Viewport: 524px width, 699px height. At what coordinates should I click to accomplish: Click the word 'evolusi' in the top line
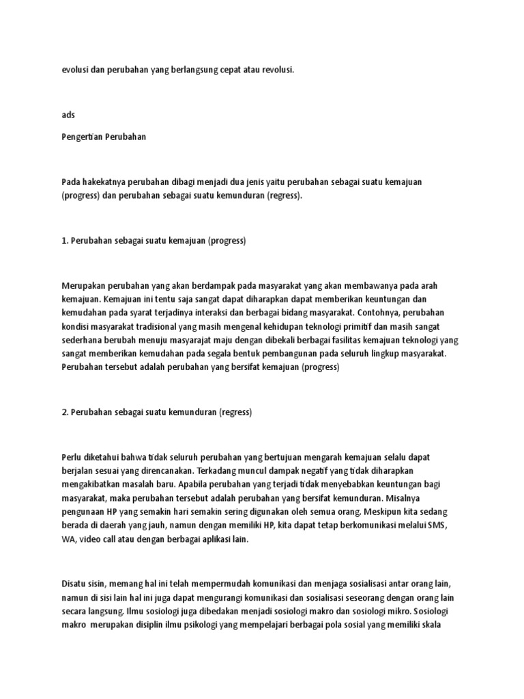pos(74,70)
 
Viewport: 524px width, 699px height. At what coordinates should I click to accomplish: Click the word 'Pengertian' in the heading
pos(82,137)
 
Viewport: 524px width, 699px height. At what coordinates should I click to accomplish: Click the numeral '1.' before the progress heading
pos(65,242)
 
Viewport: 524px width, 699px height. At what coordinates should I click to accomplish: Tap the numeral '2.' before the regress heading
pos(65,412)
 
